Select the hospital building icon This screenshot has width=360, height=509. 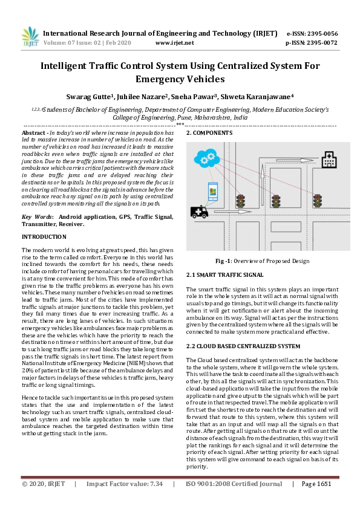[329, 160]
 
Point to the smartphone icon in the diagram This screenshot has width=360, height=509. [212, 192]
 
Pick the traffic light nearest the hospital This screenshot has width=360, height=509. [317, 199]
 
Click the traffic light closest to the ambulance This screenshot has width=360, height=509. [240, 201]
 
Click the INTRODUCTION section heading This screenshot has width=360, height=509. [44, 236]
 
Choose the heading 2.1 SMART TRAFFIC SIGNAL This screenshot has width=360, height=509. [224, 274]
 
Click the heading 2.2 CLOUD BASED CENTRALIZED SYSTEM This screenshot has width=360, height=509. [243, 346]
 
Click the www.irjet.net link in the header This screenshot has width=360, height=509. [175, 43]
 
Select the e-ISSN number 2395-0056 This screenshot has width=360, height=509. [321, 33]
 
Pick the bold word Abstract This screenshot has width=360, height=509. [34, 132]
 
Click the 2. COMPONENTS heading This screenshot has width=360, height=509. [209, 132]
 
